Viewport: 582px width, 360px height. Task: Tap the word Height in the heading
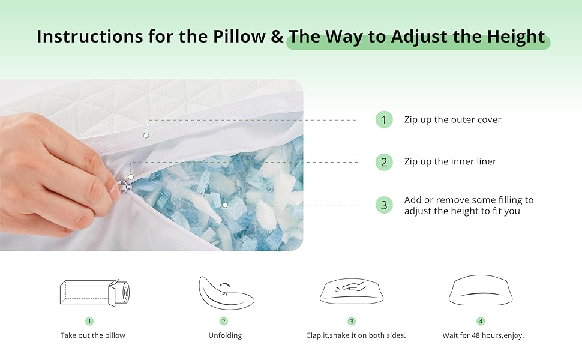click(517, 37)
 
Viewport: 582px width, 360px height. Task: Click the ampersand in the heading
click(277, 37)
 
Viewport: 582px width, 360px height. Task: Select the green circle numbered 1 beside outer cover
click(384, 120)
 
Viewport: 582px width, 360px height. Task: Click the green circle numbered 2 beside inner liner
click(384, 162)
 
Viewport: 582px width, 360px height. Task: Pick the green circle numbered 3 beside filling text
click(384, 205)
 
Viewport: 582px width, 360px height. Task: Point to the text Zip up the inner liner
click(450, 162)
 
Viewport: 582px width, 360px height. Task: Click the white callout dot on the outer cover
click(146, 136)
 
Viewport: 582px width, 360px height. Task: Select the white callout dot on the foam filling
click(225, 205)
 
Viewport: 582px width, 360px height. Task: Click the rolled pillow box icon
click(95, 293)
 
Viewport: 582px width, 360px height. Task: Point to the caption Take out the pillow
click(93, 335)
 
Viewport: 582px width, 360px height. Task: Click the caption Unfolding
click(225, 335)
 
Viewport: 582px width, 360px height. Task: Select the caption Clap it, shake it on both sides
click(356, 335)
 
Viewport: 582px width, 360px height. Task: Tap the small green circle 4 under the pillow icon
click(481, 322)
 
